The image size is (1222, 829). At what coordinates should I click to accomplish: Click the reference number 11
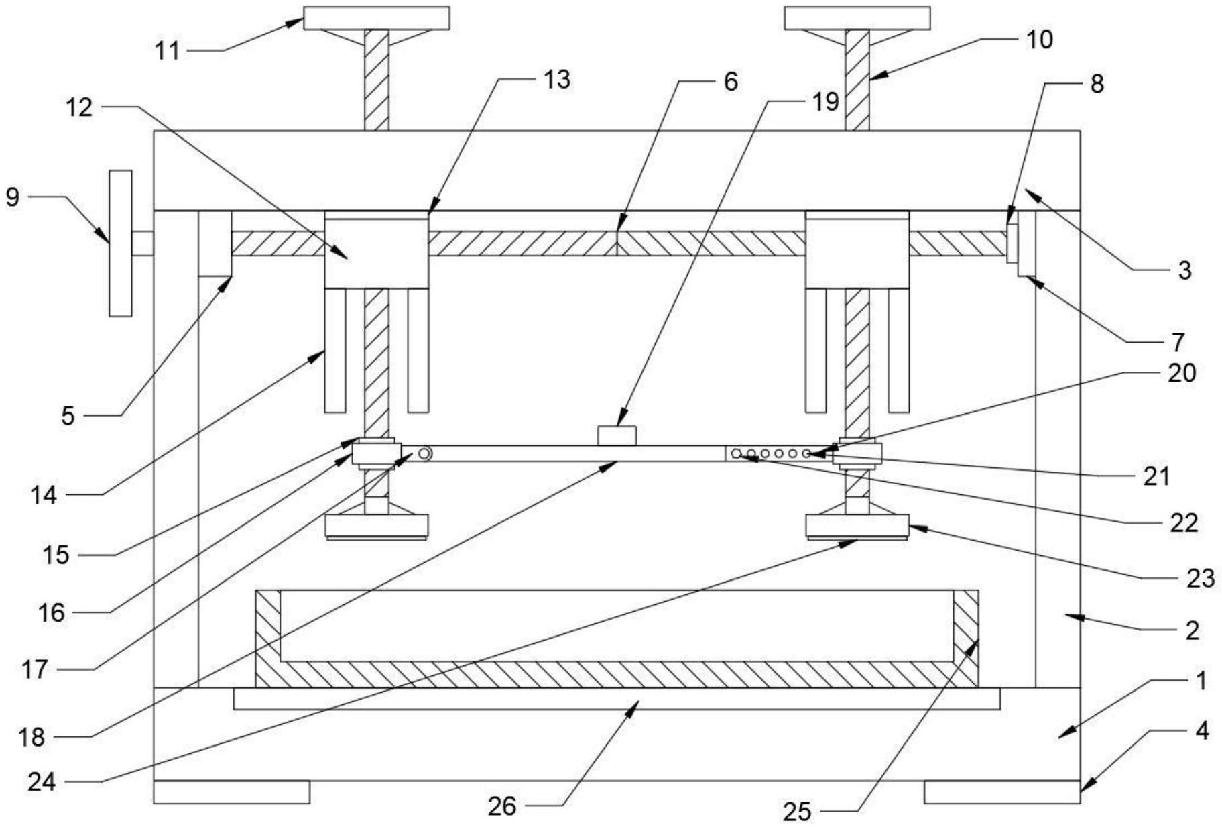point(168,50)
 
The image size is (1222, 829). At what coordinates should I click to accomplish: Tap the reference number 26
point(502,806)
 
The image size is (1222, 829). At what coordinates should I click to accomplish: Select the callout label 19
point(825,102)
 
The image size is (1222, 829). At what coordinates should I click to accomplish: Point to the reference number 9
point(13,197)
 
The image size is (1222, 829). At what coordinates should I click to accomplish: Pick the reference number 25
point(797,812)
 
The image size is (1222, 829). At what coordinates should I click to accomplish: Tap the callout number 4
point(1202,730)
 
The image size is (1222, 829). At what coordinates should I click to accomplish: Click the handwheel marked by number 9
point(121,243)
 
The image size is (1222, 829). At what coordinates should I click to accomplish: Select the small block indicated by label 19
point(617,435)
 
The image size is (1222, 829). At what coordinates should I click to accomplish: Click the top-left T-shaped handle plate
point(376,18)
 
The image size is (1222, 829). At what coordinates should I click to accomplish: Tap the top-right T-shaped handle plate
point(857,18)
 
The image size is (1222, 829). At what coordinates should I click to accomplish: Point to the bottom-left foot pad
point(231,792)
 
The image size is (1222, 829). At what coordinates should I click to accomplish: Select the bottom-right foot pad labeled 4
point(1001,792)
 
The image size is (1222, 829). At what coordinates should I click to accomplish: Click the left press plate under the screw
point(376,526)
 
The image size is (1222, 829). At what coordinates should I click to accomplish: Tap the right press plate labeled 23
point(857,526)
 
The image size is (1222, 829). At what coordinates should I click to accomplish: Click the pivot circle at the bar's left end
point(424,454)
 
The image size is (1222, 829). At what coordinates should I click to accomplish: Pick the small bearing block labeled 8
point(1012,243)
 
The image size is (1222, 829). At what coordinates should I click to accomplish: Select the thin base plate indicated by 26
point(617,698)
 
